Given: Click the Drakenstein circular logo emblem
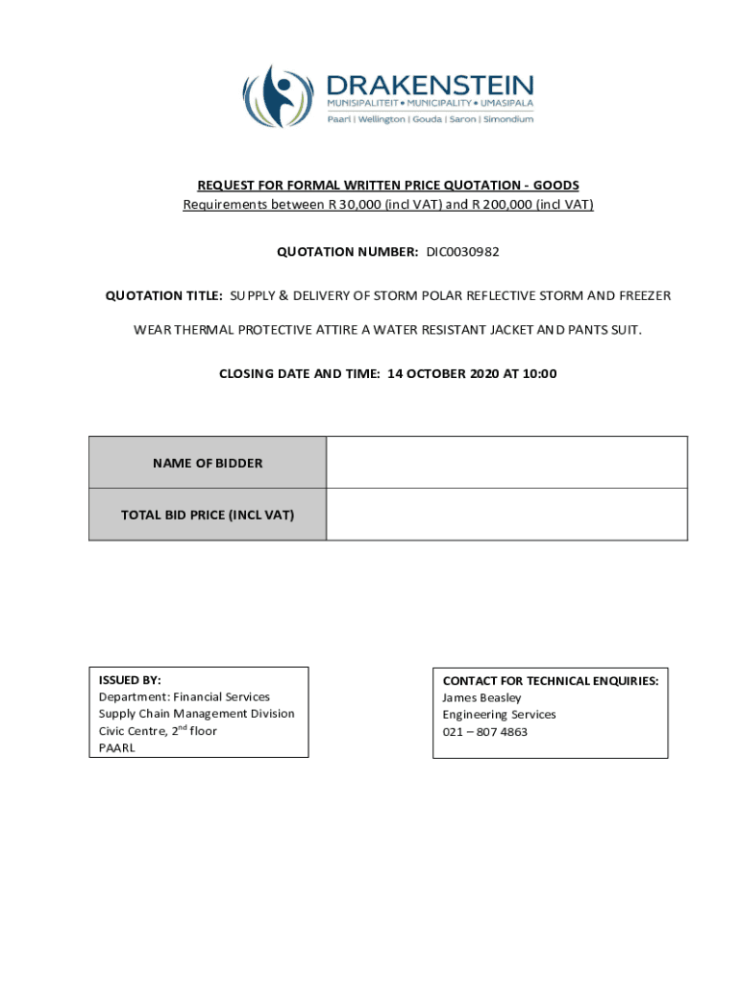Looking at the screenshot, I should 278,96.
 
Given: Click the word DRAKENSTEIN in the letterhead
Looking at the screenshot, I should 430,84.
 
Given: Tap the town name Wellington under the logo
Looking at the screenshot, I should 382,119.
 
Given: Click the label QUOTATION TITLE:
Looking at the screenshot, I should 164,296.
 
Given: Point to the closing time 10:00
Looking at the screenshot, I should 540,374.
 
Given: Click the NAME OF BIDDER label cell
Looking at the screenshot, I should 208,463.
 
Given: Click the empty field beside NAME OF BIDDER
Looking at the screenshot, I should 506,463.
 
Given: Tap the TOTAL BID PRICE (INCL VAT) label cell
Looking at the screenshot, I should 208,515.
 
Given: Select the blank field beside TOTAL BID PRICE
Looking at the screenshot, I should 506,515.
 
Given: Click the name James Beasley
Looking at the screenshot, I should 481,697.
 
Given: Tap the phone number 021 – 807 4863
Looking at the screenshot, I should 484,732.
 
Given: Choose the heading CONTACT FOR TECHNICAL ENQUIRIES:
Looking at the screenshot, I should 550,680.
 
